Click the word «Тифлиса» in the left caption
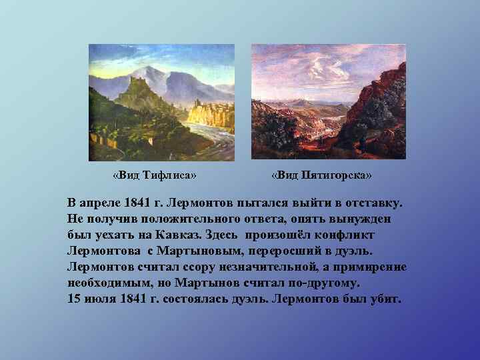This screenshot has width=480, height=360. coord(166,175)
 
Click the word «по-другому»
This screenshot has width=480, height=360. coord(313,283)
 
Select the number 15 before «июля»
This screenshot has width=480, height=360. coord(74,299)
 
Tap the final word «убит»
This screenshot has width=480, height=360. coord(385,299)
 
